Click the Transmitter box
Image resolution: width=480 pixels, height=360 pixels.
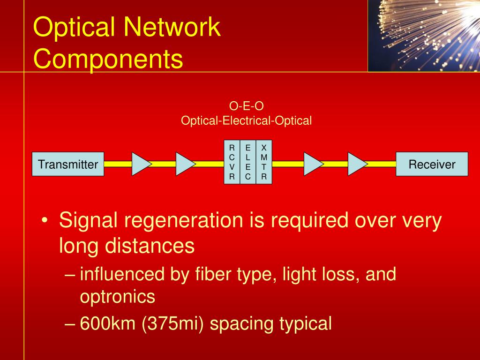click(x=68, y=164)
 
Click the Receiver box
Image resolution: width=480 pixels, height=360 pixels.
click(x=432, y=164)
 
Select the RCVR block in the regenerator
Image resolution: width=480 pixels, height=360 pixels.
click(x=232, y=162)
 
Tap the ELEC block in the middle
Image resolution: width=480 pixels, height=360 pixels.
click(x=248, y=162)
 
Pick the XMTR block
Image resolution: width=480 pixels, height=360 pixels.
click(x=264, y=162)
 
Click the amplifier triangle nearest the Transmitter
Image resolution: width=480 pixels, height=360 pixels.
click(x=140, y=164)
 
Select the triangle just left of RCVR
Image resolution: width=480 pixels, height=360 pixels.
click(x=184, y=164)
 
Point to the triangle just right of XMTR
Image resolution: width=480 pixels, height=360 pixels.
click(x=313, y=164)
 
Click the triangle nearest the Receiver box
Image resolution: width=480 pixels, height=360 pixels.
click(x=357, y=164)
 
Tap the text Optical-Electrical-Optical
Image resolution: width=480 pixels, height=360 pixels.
click(x=247, y=120)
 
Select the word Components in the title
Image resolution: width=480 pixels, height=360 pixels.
click(x=108, y=60)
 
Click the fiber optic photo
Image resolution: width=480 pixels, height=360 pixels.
click(x=424, y=36)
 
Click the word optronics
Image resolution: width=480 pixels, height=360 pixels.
click(x=117, y=296)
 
